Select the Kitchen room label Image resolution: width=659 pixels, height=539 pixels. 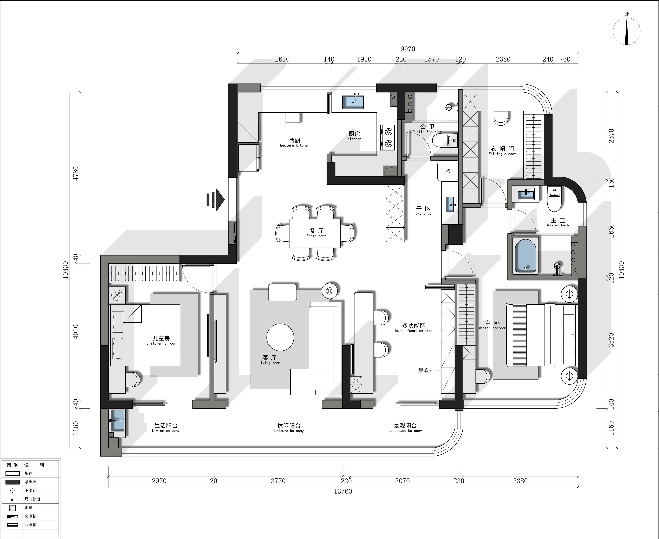pos(354,136)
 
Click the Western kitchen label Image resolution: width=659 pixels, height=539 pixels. pos(295,143)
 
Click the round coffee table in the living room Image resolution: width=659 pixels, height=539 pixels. pos(280,338)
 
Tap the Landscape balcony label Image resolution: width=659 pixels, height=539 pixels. pos(405,428)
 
